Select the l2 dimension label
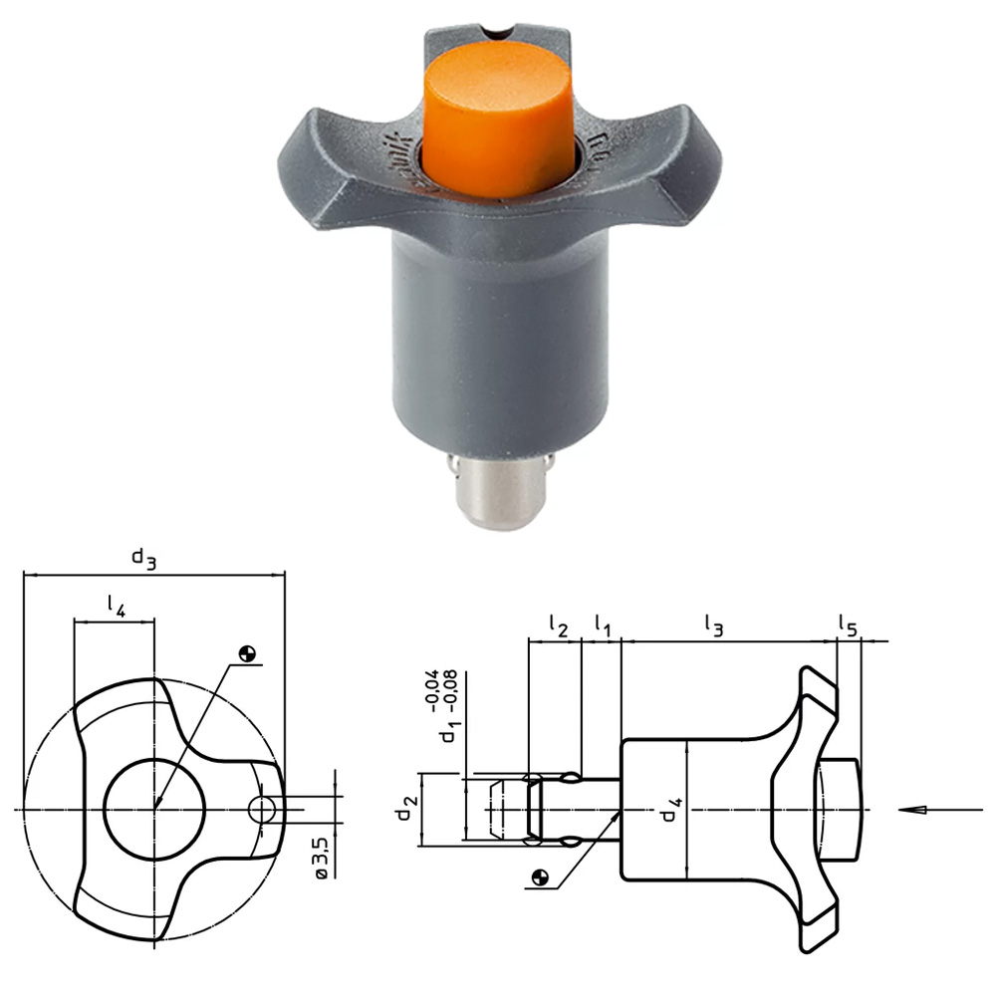point(558,625)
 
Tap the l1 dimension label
point(603,625)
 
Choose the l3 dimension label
point(713,625)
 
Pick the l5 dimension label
point(848,625)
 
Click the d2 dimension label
point(403,808)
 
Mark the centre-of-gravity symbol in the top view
point(247,654)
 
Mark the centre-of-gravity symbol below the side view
point(539,877)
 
